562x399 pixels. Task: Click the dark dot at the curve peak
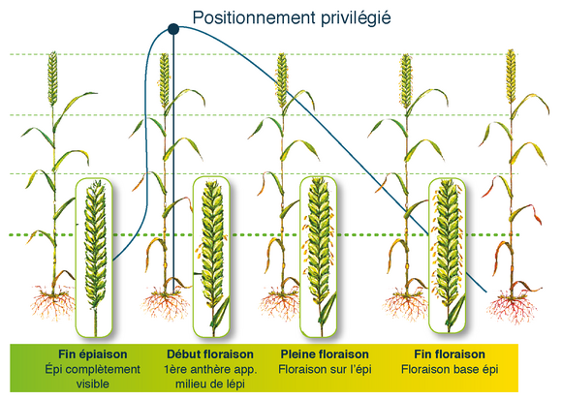click(173, 29)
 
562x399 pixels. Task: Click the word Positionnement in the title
click(254, 17)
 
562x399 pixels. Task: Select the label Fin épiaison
click(93, 354)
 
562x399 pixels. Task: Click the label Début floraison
click(210, 354)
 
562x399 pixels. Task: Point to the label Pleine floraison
click(325, 354)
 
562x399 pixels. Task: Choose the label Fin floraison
click(450, 354)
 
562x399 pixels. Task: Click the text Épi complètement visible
click(93, 377)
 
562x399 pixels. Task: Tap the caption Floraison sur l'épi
click(325, 369)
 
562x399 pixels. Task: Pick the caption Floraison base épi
click(450, 369)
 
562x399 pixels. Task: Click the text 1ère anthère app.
click(210, 369)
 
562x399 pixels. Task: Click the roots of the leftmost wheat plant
click(53, 303)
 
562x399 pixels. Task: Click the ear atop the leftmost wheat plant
click(52, 78)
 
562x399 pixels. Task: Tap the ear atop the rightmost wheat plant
click(511, 76)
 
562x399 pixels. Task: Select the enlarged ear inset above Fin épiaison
click(94, 258)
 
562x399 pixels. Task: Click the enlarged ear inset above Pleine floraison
click(319, 257)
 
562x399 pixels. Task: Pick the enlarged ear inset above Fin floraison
click(448, 255)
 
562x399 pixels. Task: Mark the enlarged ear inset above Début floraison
click(211, 257)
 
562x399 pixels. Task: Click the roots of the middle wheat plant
click(281, 304)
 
